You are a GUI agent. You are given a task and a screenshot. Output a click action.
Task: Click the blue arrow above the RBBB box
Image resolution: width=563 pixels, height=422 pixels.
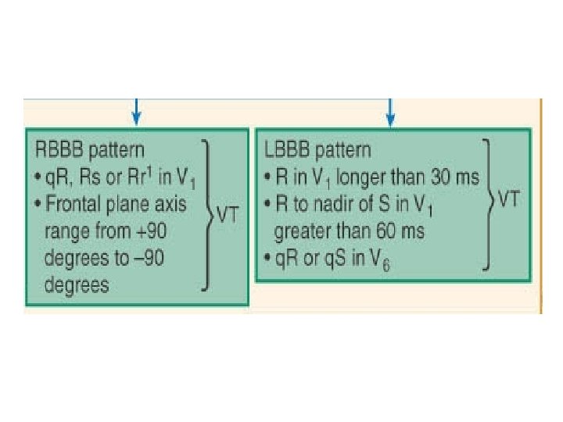(x=138, y=111)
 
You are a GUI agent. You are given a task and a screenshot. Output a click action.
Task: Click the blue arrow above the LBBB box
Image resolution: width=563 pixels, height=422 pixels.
(x=391, y=111)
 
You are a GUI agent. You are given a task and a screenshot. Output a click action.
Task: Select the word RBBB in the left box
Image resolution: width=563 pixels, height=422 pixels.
(x=57, y=149)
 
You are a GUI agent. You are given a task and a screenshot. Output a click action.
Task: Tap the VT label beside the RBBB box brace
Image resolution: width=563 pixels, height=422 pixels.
(x=228, y=216)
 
